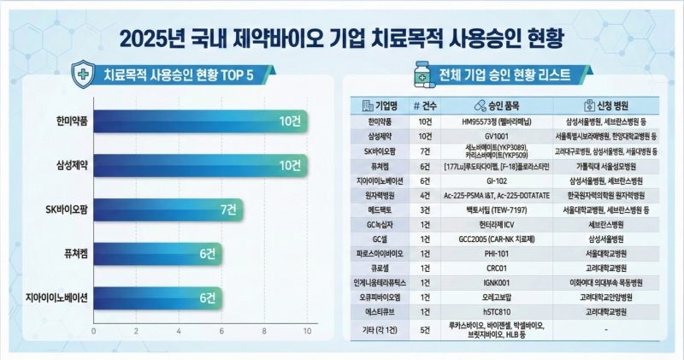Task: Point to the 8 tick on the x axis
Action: coord(265,330)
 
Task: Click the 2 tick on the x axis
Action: coord(136,330)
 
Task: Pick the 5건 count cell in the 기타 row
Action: coord(424,329)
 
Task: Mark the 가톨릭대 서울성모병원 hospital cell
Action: coord(610,167)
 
